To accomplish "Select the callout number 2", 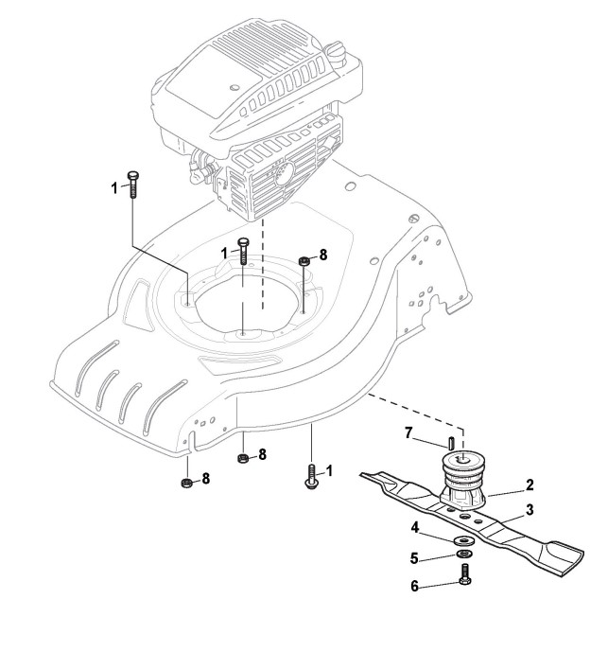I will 530,485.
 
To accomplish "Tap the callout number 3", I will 530,510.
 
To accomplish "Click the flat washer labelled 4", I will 464,541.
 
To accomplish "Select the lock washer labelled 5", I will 464,555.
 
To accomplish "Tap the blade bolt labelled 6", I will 464,574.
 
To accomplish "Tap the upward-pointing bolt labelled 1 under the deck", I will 311,474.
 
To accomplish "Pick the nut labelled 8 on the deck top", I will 304,262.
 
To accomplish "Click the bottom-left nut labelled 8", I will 186,484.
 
